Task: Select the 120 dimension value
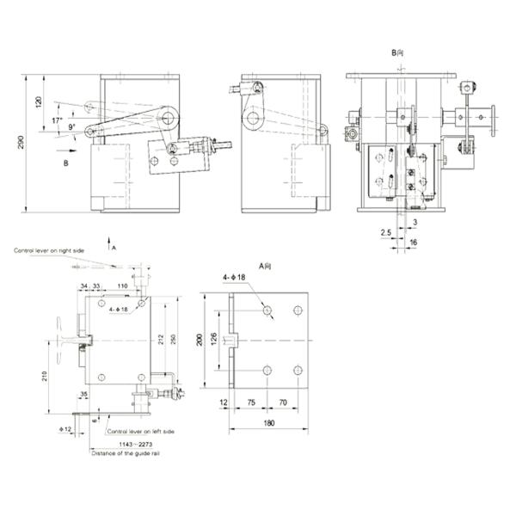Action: point(38,102)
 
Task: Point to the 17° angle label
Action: point(57,120)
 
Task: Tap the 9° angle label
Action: point(72,127)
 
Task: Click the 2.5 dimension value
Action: point(384,232)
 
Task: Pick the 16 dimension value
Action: point(413,244)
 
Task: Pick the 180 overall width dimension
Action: point(268,422)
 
